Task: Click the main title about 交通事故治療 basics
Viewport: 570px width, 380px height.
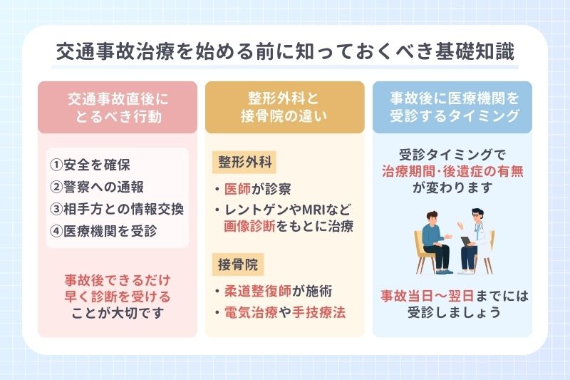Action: [x=284, y=53]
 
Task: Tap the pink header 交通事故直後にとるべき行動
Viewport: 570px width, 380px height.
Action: [x=117, y=107]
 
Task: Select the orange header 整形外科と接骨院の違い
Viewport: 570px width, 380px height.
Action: [x=284, y=107]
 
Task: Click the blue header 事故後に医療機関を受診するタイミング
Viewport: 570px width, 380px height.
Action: [x=452, y=107]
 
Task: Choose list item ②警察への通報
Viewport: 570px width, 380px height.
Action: [x=97, y=188]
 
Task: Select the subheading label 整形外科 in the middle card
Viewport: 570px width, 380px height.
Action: [x=240, y=162]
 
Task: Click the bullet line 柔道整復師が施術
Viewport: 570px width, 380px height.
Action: [x=278, y=291]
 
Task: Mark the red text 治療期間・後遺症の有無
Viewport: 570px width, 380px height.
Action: [x=452, y=172]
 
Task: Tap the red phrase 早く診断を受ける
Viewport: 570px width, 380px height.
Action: [x=117, y=294]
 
